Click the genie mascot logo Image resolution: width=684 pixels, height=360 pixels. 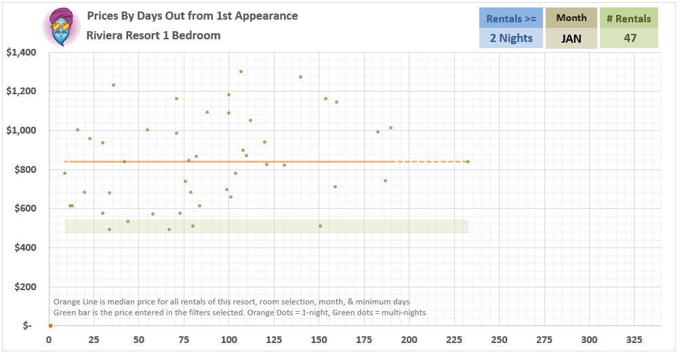click(x=62, y=27)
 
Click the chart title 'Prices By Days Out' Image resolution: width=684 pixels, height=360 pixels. click(x=193, y=16)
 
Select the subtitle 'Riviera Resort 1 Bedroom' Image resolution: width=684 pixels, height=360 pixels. click(x=153, y=35)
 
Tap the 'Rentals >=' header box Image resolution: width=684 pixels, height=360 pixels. click(x=511, y=18)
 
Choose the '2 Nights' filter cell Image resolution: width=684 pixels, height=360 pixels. click(x=511, y=38)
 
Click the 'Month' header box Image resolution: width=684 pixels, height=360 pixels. click(x=571, y=18)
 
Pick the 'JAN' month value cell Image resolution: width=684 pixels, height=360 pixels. click(x=571, y=38)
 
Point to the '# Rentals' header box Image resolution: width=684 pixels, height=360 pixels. click(x=629, y=18)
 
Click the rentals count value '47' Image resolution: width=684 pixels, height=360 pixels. click(x=630, y=38)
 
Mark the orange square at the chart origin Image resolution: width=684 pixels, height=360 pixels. click(x=50, y=326)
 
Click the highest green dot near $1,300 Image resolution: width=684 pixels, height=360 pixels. click(x=241, y=71)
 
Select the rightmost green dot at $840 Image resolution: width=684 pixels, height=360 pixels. click(x=468, y=161)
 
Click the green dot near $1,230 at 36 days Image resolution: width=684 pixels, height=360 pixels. click(x=113, y=85)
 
